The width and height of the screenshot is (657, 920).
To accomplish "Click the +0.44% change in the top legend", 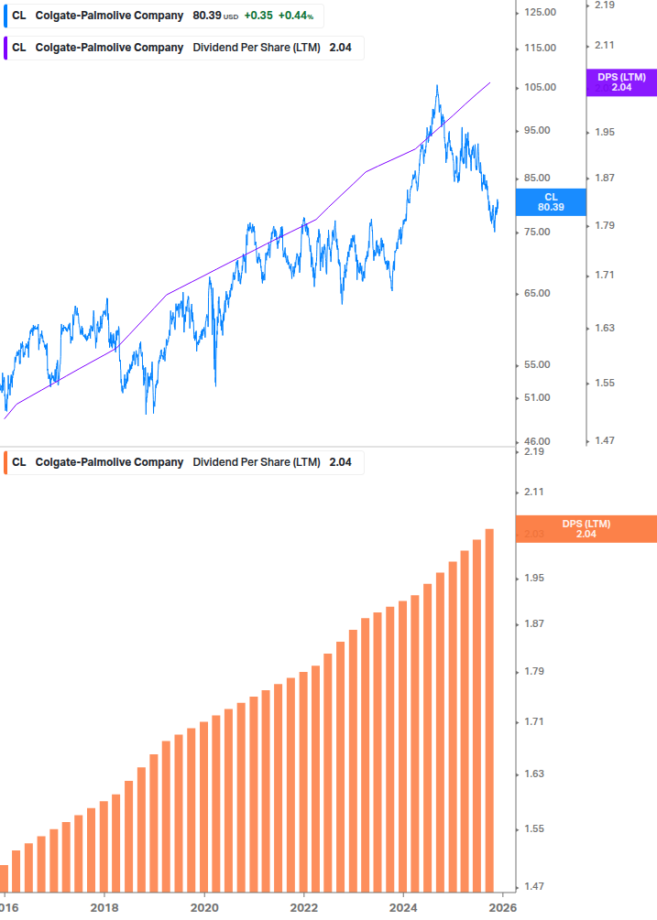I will click(x=296, y=16).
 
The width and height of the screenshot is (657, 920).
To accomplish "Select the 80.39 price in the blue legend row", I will click(x=208, y=16).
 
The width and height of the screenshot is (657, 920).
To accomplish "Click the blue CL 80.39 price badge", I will click(x=550, y=201).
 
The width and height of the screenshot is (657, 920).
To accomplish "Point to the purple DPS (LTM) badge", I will click(x=621, y=82).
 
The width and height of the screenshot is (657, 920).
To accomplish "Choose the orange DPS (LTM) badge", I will click(x=586, y=528).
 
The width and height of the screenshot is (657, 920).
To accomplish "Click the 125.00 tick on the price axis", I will click(x=540, y=12).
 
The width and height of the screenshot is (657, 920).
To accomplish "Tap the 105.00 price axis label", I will click(x=540, y=88).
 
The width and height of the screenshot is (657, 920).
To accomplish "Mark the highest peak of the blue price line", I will click(x=436, y=86).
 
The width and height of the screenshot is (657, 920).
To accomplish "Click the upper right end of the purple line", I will click(x=490, y=82).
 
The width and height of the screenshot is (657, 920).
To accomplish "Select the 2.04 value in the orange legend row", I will click(x=341, y=462).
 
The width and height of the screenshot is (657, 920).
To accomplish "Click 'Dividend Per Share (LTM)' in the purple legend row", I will click(x=256, y=48).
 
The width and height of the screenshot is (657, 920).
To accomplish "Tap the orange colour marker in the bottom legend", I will click(x=5, y=462).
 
